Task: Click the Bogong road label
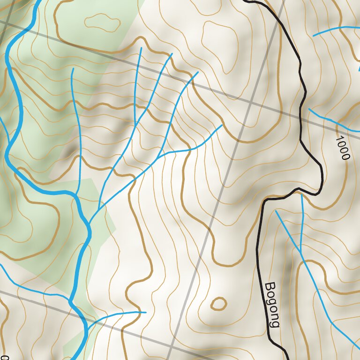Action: pos(272,305)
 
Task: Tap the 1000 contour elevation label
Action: pos(343,148)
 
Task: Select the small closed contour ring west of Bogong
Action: pos(218,304)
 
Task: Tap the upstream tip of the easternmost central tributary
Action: pos(222,125)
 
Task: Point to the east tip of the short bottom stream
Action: pos(146,312)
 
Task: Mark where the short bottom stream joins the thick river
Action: pos(87,325)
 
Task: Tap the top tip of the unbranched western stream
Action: pos(72,69)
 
